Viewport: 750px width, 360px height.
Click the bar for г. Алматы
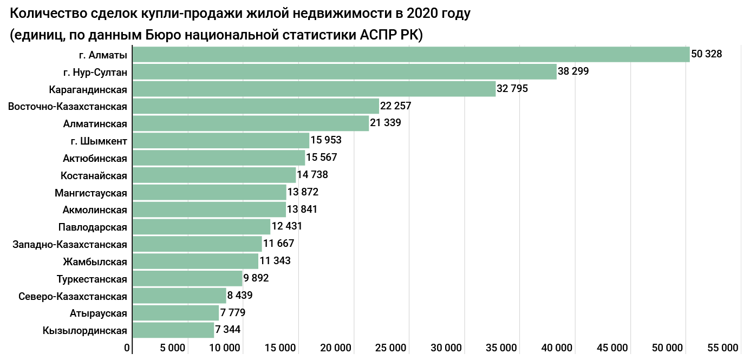tap(411, 55)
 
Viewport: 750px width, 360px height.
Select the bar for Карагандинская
tap(314, 89)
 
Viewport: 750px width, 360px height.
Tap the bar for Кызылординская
tap(173, 330)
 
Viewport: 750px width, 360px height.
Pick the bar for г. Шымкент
tap(221, 141)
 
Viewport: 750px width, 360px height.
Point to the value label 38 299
tap(573, 71)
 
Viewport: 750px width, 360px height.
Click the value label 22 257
tap(396, 106)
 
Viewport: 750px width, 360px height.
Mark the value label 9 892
tap(256, 278)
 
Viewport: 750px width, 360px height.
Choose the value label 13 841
tap(302, 210)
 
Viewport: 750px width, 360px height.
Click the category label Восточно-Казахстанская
tap(68, 106)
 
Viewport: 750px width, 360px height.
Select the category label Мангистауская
tap(91, 193)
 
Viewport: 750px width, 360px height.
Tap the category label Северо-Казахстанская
tap(73, 296)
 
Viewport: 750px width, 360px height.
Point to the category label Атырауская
tap(99, 313)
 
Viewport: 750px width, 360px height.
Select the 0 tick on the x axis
tap(128, 348)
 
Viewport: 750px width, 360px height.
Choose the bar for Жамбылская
tap(195, 261)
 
